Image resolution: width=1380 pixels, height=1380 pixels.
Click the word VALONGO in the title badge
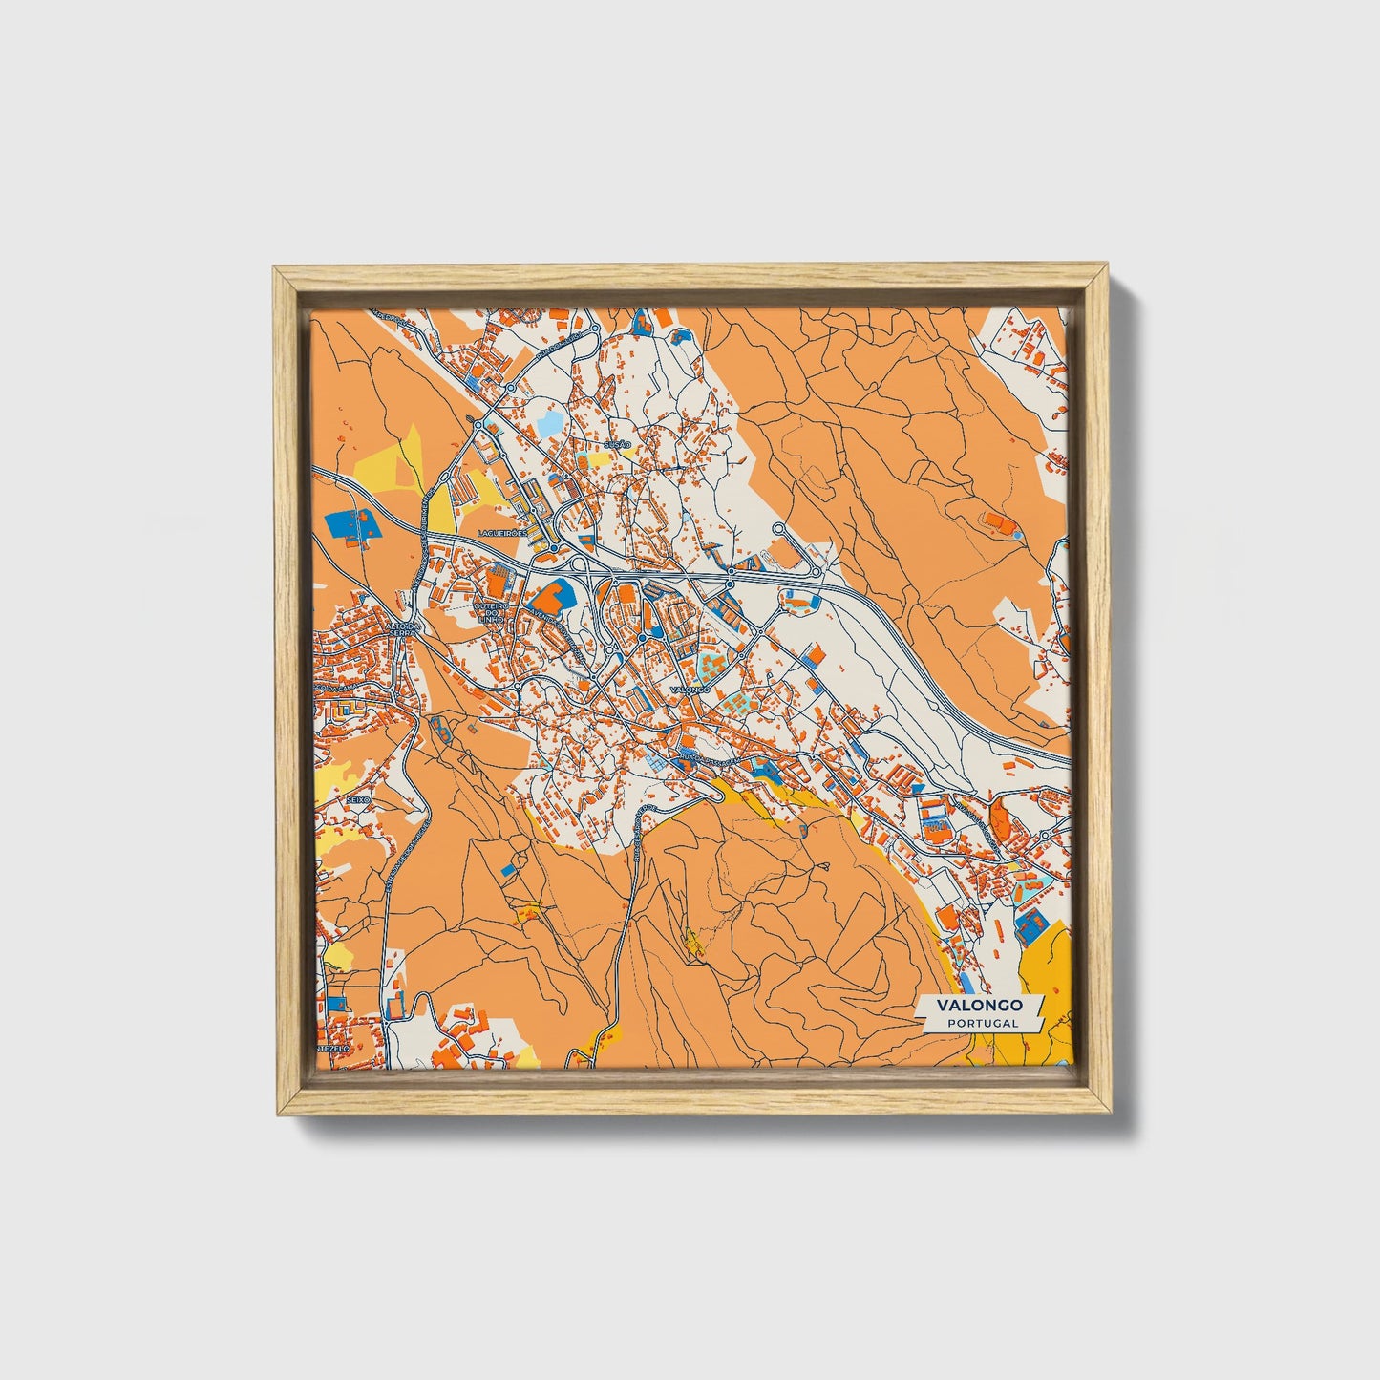coord(980,1006)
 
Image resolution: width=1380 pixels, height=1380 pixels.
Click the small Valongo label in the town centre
coord(690,689)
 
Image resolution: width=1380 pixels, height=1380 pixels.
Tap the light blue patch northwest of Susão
coord(553,421)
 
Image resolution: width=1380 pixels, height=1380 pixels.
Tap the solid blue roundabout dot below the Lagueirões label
coord(554,549)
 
